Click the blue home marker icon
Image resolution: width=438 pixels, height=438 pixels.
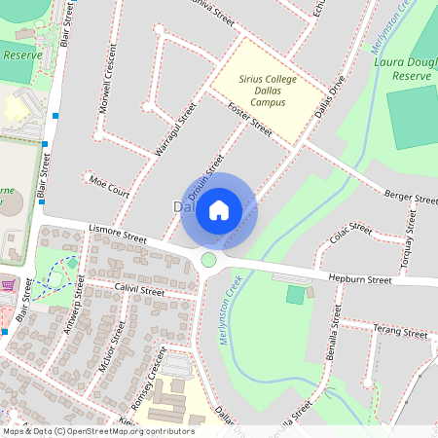219,209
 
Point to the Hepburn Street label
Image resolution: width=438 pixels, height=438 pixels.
359,279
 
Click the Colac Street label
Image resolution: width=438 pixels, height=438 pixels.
351,233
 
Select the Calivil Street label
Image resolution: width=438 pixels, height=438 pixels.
138,290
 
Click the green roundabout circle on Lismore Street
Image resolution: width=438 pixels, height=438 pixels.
208,260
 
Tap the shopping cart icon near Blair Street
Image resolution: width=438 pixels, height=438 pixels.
9,285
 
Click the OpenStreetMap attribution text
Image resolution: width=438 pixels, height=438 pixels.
97,431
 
